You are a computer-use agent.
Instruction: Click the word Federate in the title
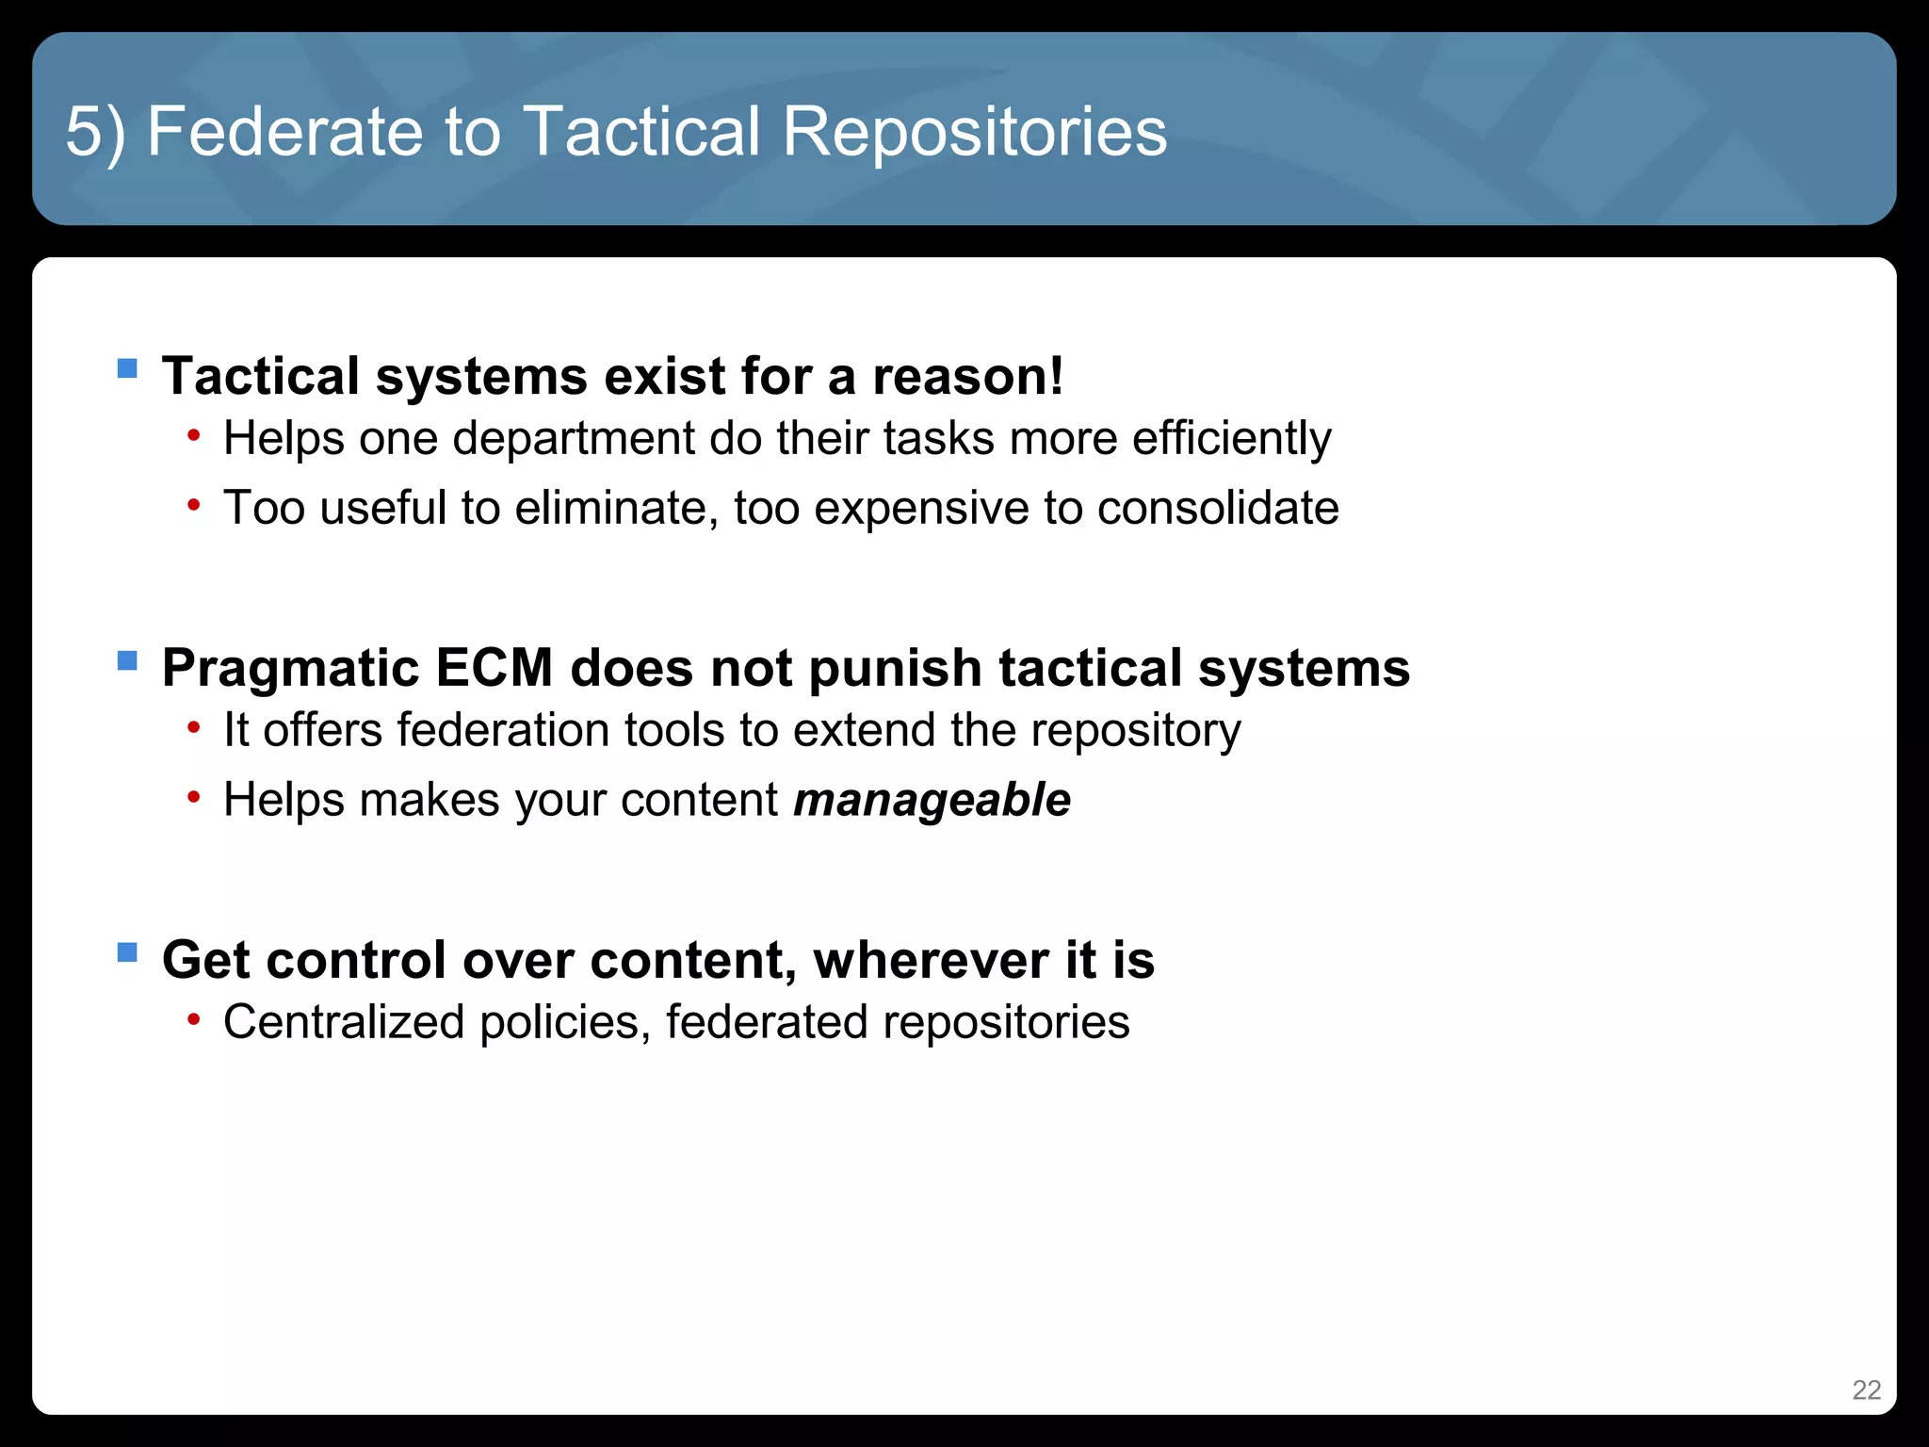point(285,132)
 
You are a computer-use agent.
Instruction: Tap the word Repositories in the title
point(975,132)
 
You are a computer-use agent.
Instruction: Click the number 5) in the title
point(95,132)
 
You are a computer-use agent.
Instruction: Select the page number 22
point(1866,1390)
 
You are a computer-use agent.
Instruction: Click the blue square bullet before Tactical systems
point(127,367)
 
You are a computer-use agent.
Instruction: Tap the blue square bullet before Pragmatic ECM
point(127,659)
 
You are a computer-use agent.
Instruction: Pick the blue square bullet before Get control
point(127,951)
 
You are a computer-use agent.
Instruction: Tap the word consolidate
point(1218,509)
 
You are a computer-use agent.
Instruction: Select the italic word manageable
point(932,801)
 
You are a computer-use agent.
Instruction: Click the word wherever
point(931,961)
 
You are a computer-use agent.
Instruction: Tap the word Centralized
point(344,1023)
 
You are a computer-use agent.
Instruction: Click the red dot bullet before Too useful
point(193,506)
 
